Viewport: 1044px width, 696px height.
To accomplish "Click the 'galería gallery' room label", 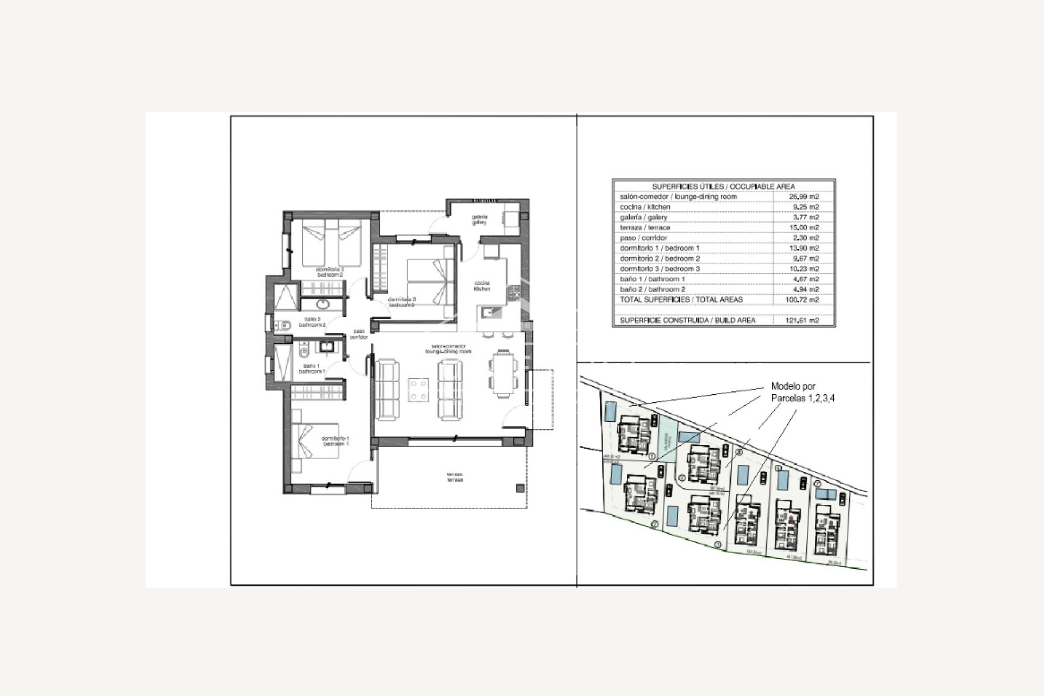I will coord(479,219).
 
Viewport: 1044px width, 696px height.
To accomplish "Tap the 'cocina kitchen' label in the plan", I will coord(482,286).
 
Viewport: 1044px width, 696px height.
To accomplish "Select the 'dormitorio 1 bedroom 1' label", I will coord(335,441).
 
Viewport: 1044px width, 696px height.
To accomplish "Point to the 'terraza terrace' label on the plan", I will coord(455,477).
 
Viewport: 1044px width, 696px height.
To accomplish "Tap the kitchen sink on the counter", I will coord(488,312).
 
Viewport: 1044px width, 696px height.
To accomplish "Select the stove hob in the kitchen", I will coord(514,294).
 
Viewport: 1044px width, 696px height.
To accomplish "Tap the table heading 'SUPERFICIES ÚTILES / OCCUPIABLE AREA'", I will coord(723,186).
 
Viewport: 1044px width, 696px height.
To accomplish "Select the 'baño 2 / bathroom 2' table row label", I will coord(652,289).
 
